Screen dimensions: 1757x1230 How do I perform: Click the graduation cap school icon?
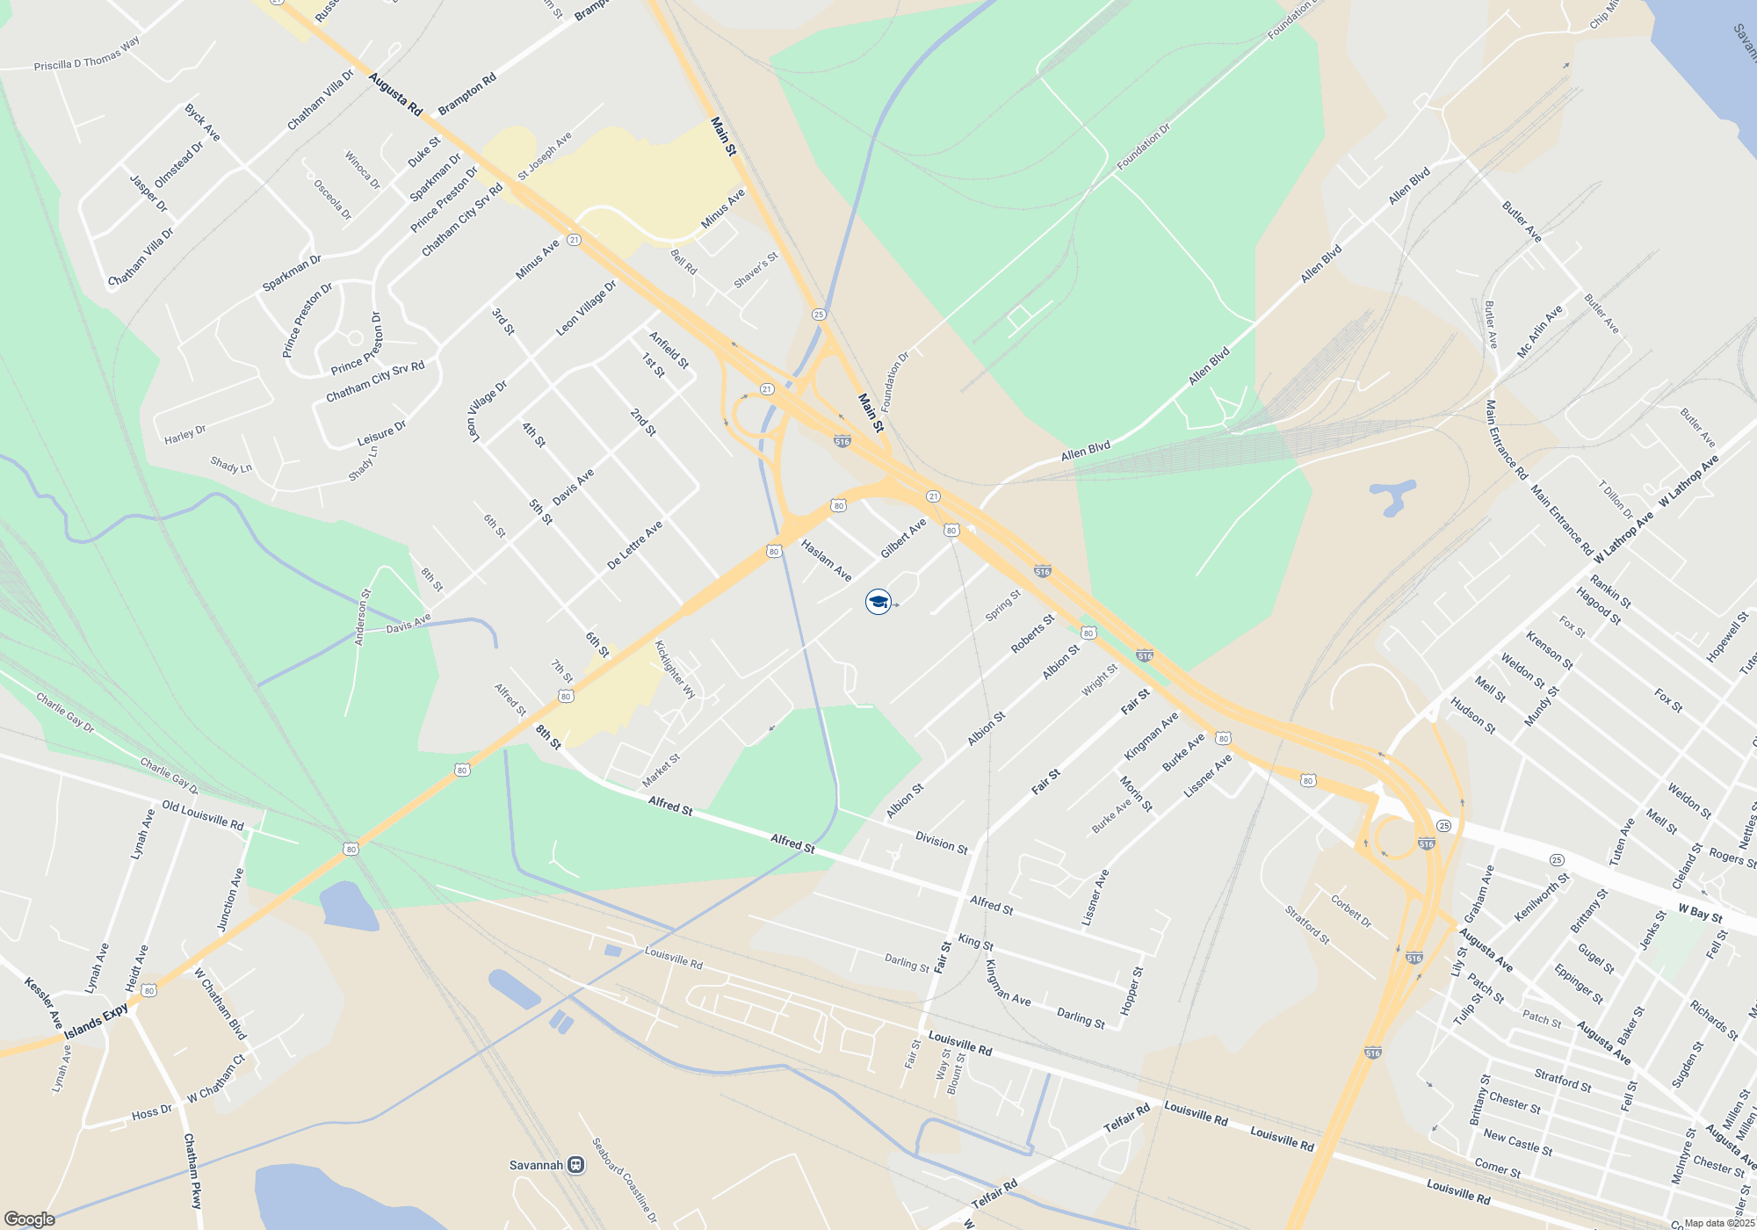coord(878,602)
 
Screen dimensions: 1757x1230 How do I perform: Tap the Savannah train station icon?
coord(576,1165)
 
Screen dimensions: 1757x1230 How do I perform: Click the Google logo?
coord(29,1219)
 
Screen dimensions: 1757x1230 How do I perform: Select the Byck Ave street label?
coord(202,123)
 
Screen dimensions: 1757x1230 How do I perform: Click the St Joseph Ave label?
coord(545,156)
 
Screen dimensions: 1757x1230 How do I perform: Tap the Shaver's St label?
coord(756,271)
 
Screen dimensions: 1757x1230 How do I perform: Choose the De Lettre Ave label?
coord(634,546)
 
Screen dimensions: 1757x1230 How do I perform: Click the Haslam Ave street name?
coord(826,561)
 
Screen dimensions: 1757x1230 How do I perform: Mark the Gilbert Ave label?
coord(903,538)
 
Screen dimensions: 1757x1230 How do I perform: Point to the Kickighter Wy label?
coord(675,669)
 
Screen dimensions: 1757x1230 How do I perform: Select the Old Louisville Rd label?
coord(203,816)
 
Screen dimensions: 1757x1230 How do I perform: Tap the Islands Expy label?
coord(96,1022)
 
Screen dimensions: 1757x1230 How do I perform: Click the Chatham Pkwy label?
coord(192,1170)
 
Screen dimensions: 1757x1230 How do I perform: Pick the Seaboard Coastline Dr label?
coord(624,1181)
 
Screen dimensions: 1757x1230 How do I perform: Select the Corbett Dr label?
coord(1350,911)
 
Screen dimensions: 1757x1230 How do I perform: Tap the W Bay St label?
coord(1700,913)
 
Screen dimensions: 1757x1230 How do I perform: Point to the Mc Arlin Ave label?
coord(1540,332)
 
